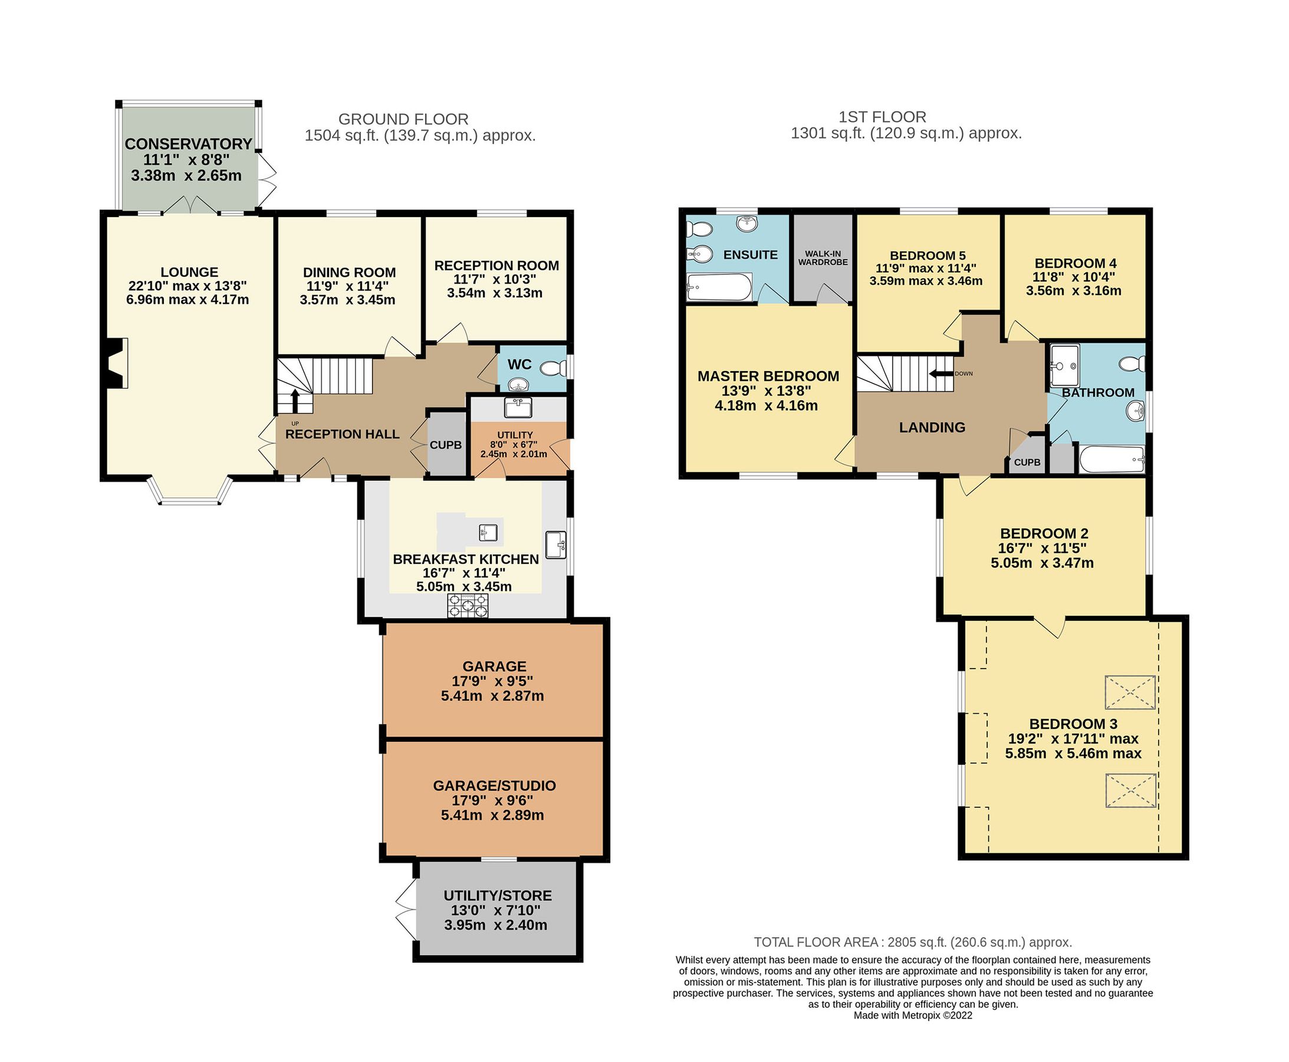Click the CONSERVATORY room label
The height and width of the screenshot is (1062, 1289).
pyautogui.click(x=188, y=145)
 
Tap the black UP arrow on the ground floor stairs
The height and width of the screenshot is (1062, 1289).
pyautogui.click(x=294, y=401)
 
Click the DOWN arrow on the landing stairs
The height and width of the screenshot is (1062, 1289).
pyautogui.click(x=941, y=374)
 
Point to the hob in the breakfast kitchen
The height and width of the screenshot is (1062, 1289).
pyautogui.click(x=468, y=605)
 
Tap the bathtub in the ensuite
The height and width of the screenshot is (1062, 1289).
pyautogui.click(x=719, y=287)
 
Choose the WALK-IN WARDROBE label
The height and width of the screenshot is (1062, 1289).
pyautogui.click(x=823, y=258)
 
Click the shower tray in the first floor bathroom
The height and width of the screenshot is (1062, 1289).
pyautogui.click(x=1064, y=365)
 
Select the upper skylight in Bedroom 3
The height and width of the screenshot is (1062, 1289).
pyautogui.click(x=1130, y=693)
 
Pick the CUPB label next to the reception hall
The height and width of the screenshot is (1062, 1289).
pyautogui.click(x=445, y=445)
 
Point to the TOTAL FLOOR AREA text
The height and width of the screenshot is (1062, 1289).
pyautogui.click(x=912, y=942)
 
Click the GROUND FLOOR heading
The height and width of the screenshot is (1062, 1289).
pyautogui.click(x=403, y=119)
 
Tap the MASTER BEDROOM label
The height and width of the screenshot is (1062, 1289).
pyautogui.click(x=768, y=376)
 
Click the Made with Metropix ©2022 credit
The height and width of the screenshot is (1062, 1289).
pyautogui.click(x=912, y=1015)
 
